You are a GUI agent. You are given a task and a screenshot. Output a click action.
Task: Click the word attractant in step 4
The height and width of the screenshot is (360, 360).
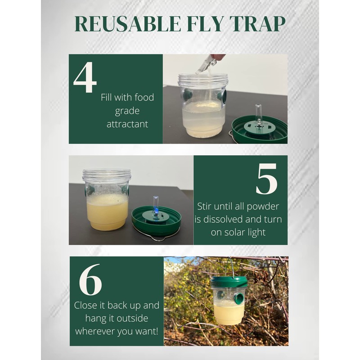click(127, 123)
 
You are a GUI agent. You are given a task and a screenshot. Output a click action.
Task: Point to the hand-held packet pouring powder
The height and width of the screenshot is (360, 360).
click(207, 64)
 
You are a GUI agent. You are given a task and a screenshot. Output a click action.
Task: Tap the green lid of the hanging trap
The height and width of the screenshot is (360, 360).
click(229, 282)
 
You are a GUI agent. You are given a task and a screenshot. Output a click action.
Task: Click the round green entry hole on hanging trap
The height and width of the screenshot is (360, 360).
click(238, 297)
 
